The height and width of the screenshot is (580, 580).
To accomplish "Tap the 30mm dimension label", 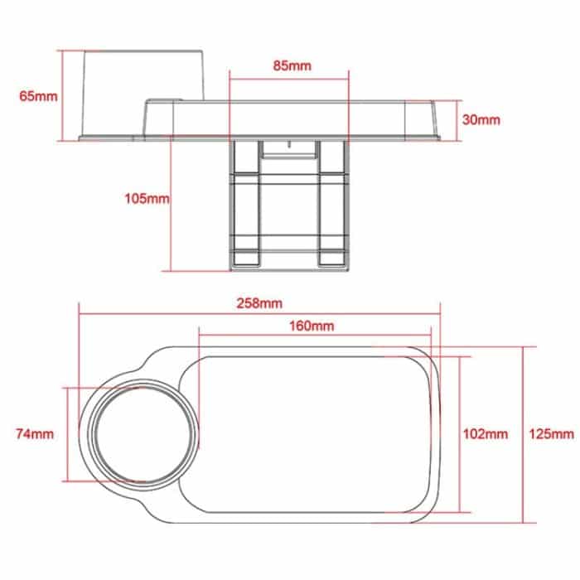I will click(x=481, y=119).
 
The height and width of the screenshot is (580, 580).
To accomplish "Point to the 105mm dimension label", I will click(x=146, y=199).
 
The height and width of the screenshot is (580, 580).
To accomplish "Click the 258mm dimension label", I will click(x=259, y=303).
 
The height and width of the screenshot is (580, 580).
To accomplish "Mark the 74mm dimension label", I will click(x=35, y=433).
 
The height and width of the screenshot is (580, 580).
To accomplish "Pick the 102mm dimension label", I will click(x=485, y=433).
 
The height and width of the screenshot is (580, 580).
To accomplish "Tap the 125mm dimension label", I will click(x=551, y=433).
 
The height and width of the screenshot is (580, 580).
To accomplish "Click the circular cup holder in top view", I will click(x=146, y=434).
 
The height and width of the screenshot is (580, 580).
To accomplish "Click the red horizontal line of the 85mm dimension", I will click(x=288, y=80).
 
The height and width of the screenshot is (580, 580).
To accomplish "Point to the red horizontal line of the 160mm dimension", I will click(x=315, y=336).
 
